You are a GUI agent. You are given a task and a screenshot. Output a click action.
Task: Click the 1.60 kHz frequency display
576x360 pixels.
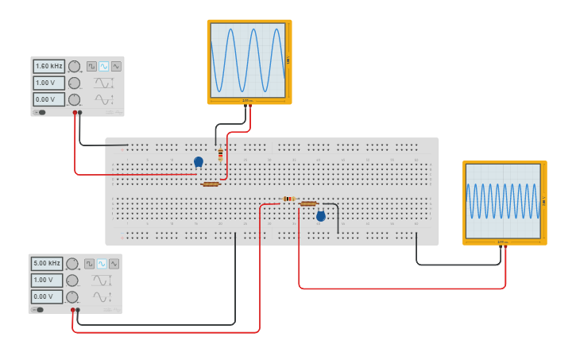tap(48, 67)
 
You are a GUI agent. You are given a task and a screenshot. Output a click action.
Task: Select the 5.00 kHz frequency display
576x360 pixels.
tap(46, 263)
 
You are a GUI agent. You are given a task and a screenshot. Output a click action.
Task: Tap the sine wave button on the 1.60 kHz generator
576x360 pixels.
tap(104, 66)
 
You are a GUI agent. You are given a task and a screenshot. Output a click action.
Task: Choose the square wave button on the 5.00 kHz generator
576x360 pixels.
tap(90, 263)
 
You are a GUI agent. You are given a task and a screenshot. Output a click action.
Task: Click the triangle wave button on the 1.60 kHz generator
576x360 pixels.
tap(116, 66)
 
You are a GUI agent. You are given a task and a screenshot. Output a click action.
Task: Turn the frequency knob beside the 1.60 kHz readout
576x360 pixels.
tap(74, 67)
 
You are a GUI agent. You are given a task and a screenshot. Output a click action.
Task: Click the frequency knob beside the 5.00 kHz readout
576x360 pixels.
tap(72, 264)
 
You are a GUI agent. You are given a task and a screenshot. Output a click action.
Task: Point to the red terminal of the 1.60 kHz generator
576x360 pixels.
tap(75, 113)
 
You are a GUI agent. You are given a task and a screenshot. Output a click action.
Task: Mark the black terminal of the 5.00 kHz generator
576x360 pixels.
tap(78, 310)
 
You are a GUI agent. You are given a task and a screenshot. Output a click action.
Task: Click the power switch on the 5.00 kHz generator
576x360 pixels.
tap(39, 309)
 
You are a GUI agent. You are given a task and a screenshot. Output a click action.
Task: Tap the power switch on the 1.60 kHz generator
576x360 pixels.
tap(41, 112)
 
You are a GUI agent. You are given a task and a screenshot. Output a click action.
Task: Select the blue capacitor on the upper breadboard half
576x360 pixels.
tap(199, 161)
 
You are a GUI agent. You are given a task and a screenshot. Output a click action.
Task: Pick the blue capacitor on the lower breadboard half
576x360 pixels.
tap(321, 215)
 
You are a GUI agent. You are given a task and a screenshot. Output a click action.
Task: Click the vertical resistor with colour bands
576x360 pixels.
tap(220, 154)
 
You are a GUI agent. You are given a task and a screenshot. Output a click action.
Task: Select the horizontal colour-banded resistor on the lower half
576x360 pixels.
tap(288, 199)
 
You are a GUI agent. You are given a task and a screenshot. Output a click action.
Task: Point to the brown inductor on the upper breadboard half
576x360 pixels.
tap(211, 184)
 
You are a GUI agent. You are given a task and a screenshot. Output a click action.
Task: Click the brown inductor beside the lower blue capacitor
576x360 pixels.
tap(308, 203)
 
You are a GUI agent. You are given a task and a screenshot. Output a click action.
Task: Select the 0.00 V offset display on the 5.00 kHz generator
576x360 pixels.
tap(46, 296)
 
